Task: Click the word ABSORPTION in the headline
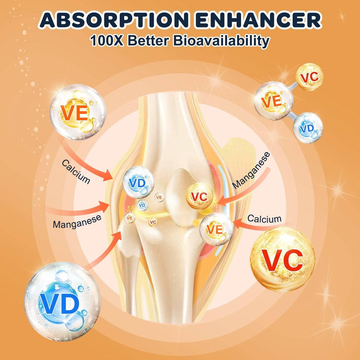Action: [114, 20]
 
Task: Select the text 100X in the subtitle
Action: [107, 40]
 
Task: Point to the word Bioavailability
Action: [221, 41]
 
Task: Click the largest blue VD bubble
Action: [62, 301]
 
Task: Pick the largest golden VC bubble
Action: [283, 260]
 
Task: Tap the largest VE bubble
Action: [78, 112]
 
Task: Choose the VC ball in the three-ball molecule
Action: [309, 77]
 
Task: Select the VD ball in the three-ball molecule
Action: [308, 128]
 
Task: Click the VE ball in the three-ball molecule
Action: [274, 101]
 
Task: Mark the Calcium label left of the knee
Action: [76, 172]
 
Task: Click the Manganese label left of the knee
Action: [77, 221]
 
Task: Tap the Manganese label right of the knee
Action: [251, 171]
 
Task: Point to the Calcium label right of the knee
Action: [265, 219]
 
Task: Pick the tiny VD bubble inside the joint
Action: [142, 205]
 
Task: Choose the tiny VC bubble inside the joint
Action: [153, 222]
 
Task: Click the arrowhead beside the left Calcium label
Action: [107, 175]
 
